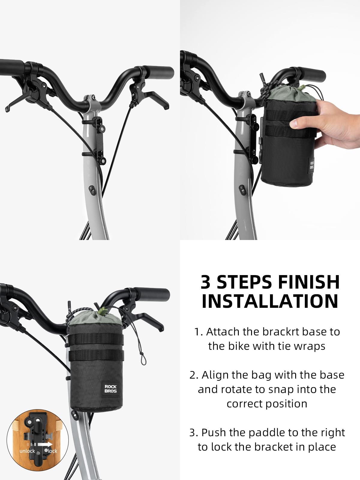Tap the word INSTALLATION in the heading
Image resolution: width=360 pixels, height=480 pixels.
270,301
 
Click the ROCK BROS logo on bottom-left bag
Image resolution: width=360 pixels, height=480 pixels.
110,389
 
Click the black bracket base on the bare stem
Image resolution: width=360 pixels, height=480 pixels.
99,138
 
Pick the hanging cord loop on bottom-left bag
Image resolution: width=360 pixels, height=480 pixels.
142,357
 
